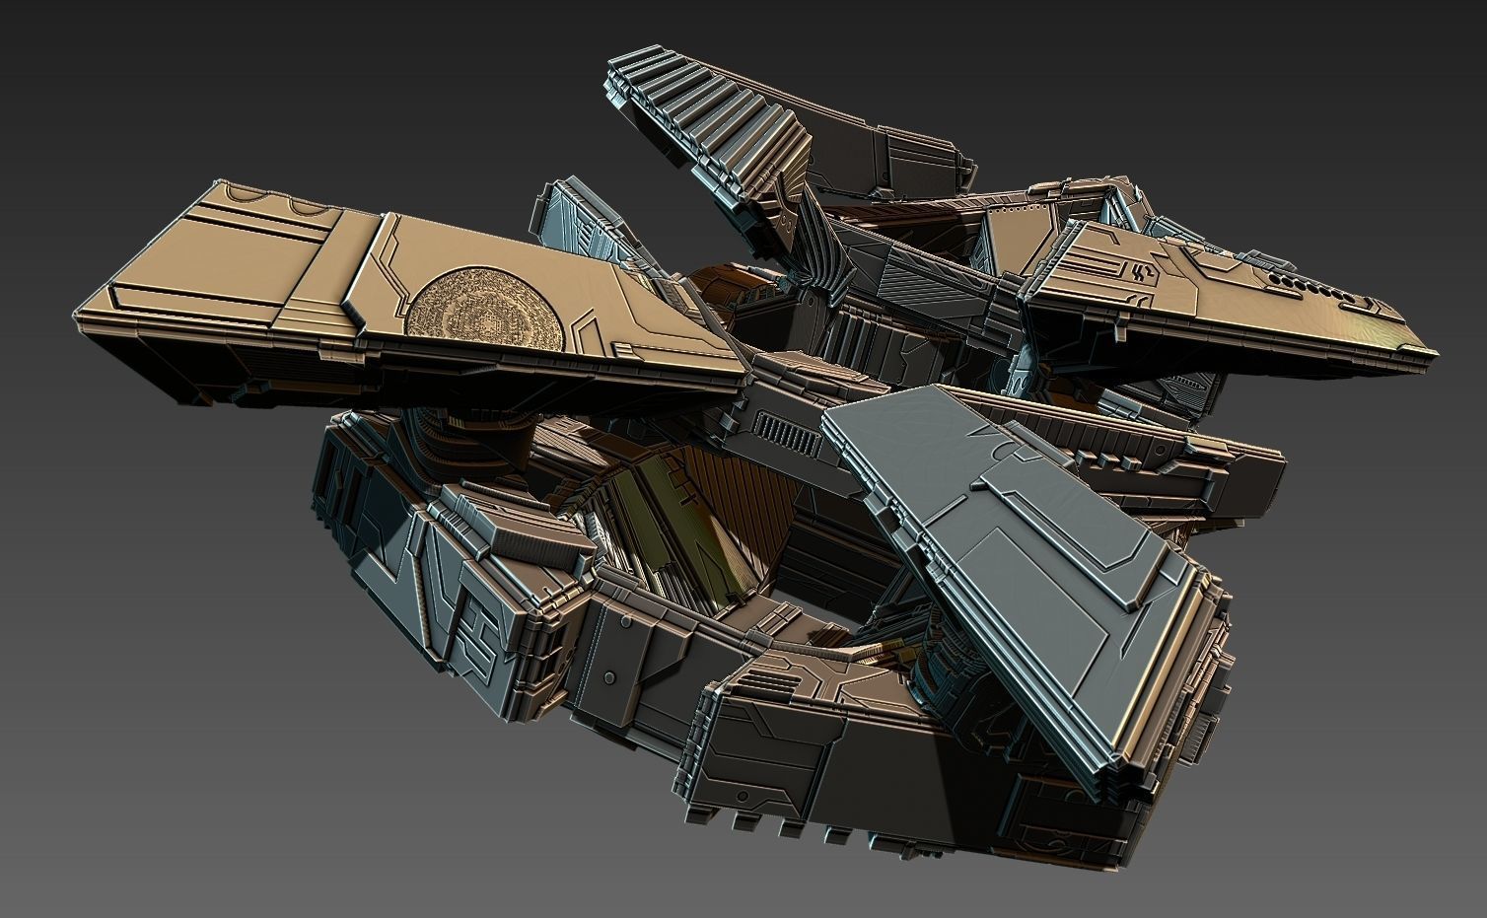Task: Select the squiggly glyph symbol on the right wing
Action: (1145, 271)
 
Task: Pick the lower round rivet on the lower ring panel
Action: (610, 677)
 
